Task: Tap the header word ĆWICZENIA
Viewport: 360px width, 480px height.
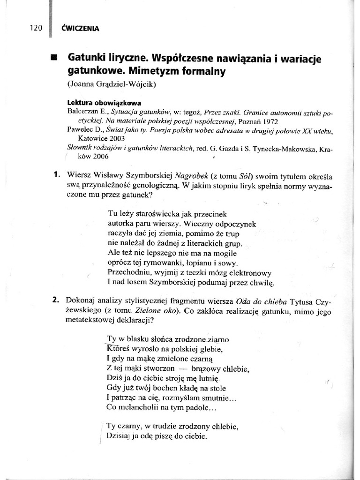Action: coord(80,28)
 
